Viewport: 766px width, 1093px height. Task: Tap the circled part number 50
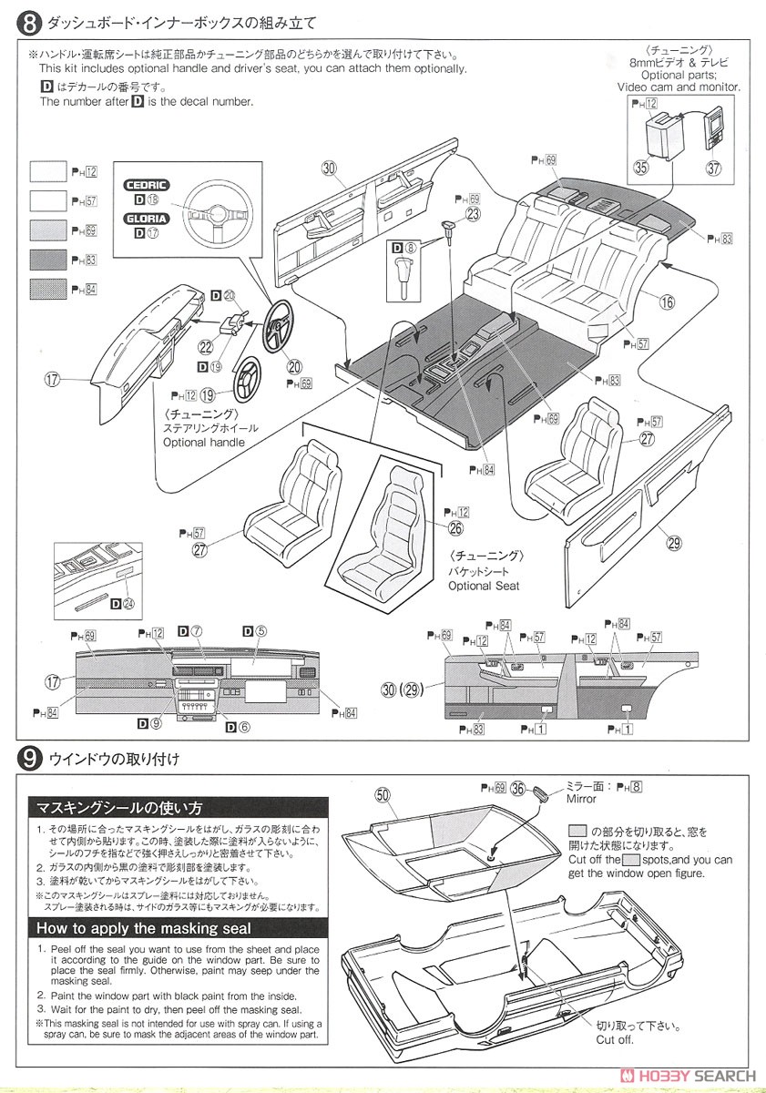pos(383,796)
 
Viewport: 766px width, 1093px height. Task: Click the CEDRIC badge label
pos(146,184)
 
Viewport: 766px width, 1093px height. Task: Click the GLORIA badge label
pos(146,218)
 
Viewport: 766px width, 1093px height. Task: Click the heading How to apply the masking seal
pos(142,929)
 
